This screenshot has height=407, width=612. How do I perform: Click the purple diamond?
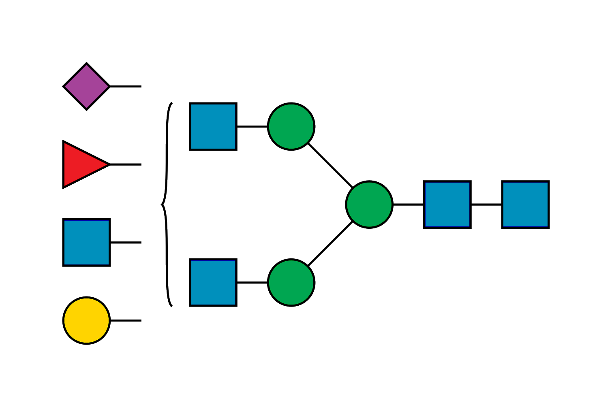click(x=86, y=86)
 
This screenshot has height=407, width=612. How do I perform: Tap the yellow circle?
click(x=86, y=320)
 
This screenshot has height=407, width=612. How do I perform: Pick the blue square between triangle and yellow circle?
click(x=86, y=243)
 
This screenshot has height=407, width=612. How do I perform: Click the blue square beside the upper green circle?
click(x=213, y=126)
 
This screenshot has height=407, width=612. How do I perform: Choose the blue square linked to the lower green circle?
click(x=213, y=282)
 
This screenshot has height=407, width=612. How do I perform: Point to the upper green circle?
click(x=291, y=126)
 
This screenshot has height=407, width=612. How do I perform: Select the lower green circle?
click(x=291, y=282)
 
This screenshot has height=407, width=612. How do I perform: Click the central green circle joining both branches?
click(x=369, y=205)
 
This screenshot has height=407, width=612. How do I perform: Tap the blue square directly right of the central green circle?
click(x=447, y=205)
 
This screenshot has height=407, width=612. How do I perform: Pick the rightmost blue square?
click(x=525, y=205)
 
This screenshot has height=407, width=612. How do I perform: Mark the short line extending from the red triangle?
click(x=126, y=164)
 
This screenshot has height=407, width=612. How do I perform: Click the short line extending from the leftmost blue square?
click(x=126, y=243)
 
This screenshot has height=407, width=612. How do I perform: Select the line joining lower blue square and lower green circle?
click(x=252, y=282)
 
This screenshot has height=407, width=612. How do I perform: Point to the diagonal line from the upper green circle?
click(x=330, y=165)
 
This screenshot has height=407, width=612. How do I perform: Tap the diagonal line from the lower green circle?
click(x=330, y=243)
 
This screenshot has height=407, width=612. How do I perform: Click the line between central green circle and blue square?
click(x=408, y=205)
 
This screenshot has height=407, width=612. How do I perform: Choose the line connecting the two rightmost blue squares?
click(x=486, y=205)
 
